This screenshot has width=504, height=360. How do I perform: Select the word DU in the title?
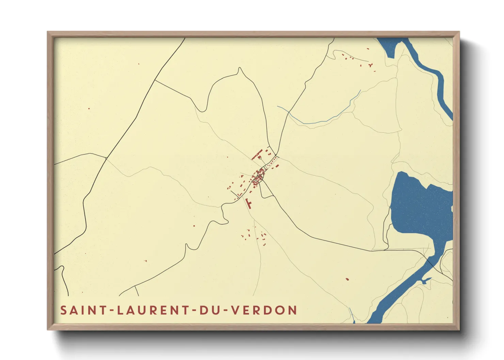coord(208,310)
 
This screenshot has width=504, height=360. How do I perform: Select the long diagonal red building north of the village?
coord(257,154)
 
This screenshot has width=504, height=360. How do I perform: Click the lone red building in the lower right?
coord(347,279)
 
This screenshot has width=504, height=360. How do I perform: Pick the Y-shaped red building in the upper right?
coord(371,65)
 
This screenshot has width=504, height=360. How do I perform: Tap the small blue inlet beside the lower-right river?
coord(426,280)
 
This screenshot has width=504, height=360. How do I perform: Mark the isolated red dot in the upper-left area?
coord(89,109)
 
